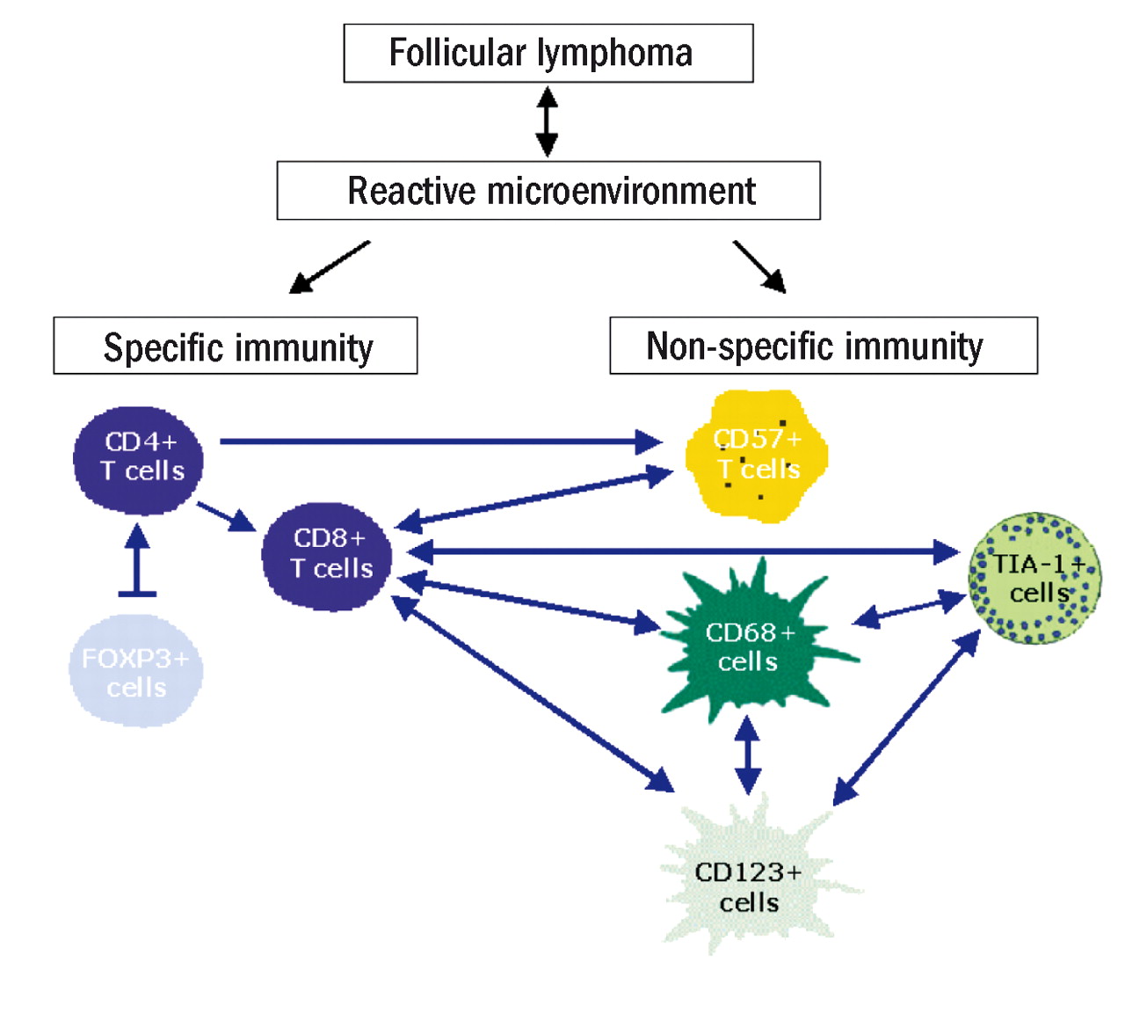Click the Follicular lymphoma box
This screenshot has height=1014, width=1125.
coord(548,54)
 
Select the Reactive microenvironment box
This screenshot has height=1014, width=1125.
coord(548,191)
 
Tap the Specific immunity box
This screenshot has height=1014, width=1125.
coord(235,347)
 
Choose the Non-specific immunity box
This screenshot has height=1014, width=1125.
coord(823,347)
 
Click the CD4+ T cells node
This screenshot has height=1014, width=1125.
coord(139,459)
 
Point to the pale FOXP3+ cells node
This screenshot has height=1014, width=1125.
coord(136,672)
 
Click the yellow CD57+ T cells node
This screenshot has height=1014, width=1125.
coord(757,456)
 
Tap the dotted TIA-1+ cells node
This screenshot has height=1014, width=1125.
coord(1034,579)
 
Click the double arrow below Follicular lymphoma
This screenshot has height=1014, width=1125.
coord(547,121)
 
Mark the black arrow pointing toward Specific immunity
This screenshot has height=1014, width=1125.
coord(329,266)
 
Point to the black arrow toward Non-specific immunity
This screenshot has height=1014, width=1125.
coord(760,266)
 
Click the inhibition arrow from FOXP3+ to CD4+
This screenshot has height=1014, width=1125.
coord(137,563)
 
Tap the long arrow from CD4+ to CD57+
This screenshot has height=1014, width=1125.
coord(439,441)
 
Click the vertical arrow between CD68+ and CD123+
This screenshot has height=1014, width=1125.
coord(747,755)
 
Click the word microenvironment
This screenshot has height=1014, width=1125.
coord(621,191)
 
